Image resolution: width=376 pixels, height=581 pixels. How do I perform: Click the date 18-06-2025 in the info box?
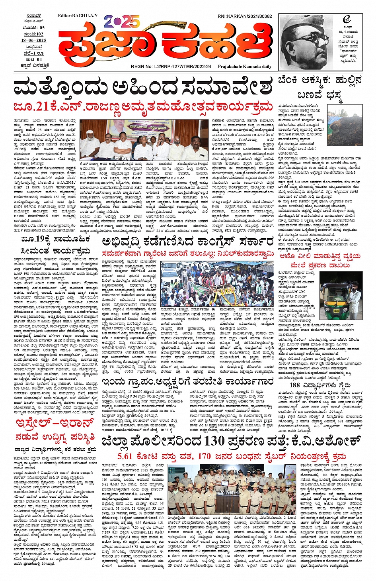coord(34,41)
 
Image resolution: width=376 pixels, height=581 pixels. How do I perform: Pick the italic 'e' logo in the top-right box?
coord(346,20)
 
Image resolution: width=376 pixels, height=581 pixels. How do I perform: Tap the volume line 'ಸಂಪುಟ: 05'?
coord(34,28)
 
